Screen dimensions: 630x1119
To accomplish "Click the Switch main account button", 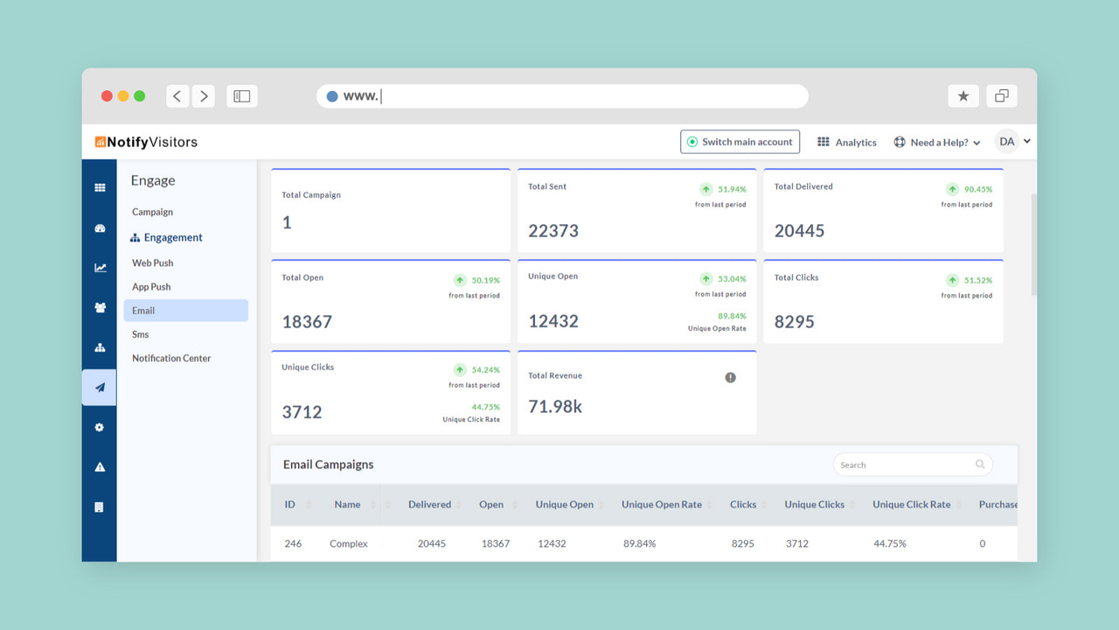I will (x=740, y=142).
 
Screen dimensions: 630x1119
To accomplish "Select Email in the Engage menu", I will (x=143, y=311).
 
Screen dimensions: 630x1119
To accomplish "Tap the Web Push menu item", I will (x=153, y=262).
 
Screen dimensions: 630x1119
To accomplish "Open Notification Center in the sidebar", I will (x=171, y=358).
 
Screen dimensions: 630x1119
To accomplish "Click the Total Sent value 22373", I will (x=553, y=231).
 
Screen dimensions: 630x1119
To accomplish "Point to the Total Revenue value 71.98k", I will (x=555, y=406).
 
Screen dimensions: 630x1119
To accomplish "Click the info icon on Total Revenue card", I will (x=730, y=377).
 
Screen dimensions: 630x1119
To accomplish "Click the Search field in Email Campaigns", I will (x=905, y=465).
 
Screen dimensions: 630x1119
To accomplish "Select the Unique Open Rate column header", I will (x=662, y=505).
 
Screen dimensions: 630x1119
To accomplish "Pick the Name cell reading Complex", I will (x=349, y=543).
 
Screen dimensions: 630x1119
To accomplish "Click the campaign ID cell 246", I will (x=293, y=543).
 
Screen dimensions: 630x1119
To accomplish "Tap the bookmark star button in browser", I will (x=963, y=96).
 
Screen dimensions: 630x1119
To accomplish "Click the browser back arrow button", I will (x=177, y=96).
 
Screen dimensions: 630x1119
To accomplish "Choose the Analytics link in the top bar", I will (x=846, y=143).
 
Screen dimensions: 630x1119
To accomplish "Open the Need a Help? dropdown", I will (x=936, y=143).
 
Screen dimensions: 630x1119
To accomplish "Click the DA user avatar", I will (x=1007, y=142).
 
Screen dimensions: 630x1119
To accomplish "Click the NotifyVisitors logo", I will (x=146, y=142).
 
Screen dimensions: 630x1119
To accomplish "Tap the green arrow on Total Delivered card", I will (x=952, y=189).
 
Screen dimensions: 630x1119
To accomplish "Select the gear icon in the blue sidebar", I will (x=100, y=427).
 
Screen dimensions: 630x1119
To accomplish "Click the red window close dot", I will (x=108, y=96).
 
